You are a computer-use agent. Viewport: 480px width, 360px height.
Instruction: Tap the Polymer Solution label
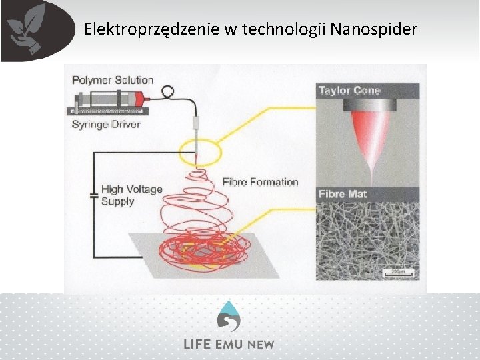pos(113,80)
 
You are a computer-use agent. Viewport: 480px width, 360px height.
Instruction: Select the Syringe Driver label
pos(107,125)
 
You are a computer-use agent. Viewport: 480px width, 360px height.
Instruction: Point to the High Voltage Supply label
pos(131,195)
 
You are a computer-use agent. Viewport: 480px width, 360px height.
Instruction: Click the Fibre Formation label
pos(261,182)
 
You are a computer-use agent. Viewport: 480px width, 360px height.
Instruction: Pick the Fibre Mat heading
pos(343,194)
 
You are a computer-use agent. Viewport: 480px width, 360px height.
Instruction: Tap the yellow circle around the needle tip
pos(200,151)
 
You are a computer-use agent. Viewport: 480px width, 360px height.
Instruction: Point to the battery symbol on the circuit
pos(94,195)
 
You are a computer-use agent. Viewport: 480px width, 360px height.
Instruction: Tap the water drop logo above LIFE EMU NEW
pos(229,315)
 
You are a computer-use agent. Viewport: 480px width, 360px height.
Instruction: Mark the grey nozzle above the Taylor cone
pos(367,105)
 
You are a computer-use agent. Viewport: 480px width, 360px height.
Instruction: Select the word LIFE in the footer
pos(198,344)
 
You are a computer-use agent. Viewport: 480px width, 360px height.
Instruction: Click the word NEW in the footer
pos(260,344)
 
